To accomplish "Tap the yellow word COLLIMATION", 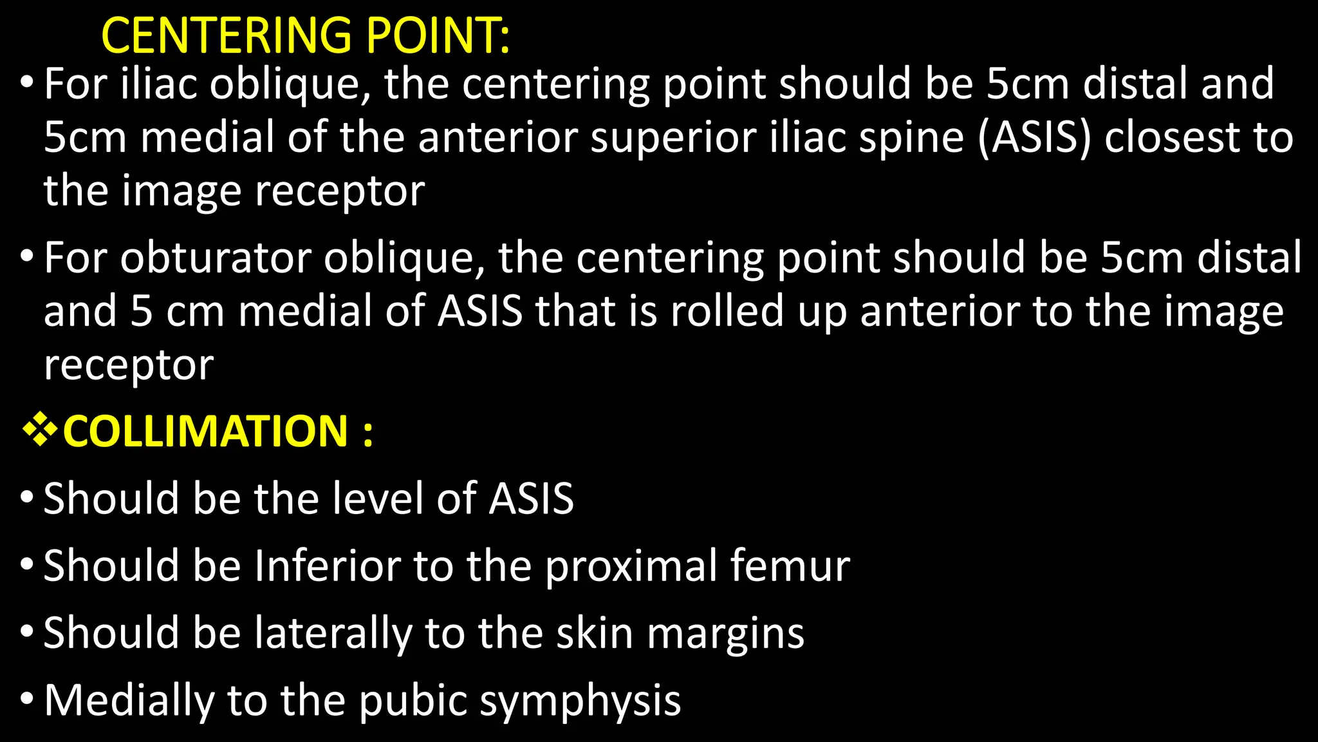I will tap(205, 431).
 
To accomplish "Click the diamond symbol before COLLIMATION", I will tap(40, 431).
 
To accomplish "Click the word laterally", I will tap(332, 633).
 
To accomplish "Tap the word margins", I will tap(725, 633).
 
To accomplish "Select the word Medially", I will tap(129, 700).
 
